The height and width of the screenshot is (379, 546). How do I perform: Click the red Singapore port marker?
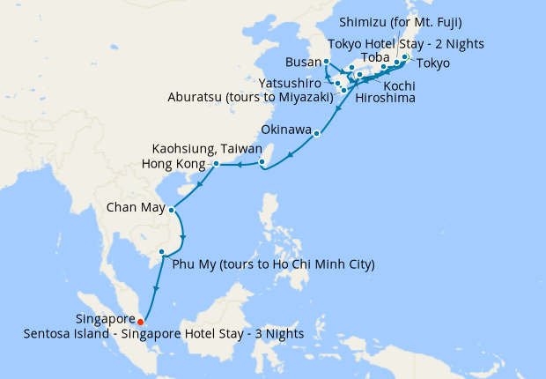[141, 321]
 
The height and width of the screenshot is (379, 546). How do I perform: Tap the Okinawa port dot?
[318, 135]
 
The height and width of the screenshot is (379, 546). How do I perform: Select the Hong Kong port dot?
[216, 164]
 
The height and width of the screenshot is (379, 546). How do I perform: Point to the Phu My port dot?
[161, 252]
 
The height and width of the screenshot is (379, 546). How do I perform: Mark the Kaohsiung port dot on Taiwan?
[262, 161]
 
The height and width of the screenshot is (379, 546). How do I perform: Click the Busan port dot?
[326, 61]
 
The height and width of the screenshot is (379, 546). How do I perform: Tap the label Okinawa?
[287, 130]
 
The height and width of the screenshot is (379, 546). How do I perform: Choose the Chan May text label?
[135, 209]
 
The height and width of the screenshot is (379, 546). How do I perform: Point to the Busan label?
[304, 63]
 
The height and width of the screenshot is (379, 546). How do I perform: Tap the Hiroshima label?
[380, 100]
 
